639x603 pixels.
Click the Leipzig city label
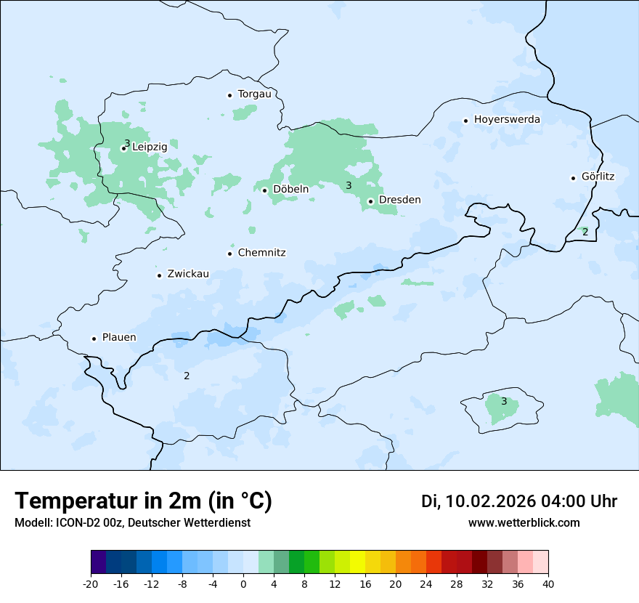tap(150, 147)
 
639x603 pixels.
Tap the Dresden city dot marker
tap(370, 201)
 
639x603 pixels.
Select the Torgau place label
tap(254, 94)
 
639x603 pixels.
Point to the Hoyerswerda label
tap(507, 119)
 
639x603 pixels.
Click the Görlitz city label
tap(598, 177)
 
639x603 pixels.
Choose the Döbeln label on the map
tap(290, 189)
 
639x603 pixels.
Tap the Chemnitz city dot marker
tap(230, 254)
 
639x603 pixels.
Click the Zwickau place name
tap(188, 274)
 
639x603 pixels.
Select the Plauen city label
tap(119, 337)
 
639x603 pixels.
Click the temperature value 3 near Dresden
tap(349, 186)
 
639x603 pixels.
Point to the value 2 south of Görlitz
tap(585, 232)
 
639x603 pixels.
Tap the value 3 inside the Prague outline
tap(504, 401)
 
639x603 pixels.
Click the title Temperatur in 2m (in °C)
tap(143, 501)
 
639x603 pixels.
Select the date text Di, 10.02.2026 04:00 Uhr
tap(519, 501)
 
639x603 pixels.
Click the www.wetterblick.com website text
tap(524, 522)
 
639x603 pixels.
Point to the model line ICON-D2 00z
tap(132, 522)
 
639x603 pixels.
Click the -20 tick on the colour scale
tap(91, 583)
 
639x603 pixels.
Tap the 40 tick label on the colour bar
tap(548, 583)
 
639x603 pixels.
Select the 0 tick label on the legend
tap(243, 583)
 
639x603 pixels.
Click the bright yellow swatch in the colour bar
tap(357, 562)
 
